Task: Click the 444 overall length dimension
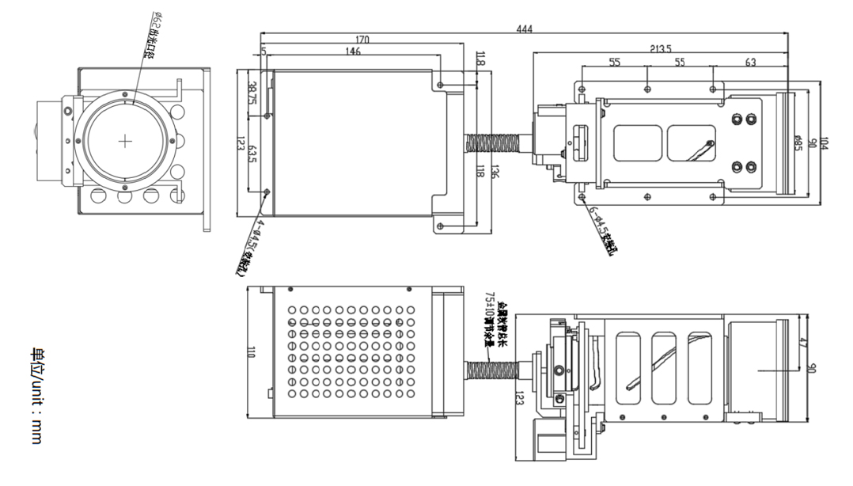(x=524, y=29)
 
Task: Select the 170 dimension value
(x=362, y=40)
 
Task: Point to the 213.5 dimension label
(x=660, y=48)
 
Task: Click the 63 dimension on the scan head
(x=750, y=62)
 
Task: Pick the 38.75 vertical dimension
(x=252, y=93)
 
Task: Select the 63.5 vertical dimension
(x=252, y=154)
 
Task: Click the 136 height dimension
(x=495, y=172)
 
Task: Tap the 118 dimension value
(x=481, y=172)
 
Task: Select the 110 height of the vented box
(x=251, y=352)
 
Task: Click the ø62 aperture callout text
(x=149, y=36)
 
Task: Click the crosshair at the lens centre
(x=127, y=141)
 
